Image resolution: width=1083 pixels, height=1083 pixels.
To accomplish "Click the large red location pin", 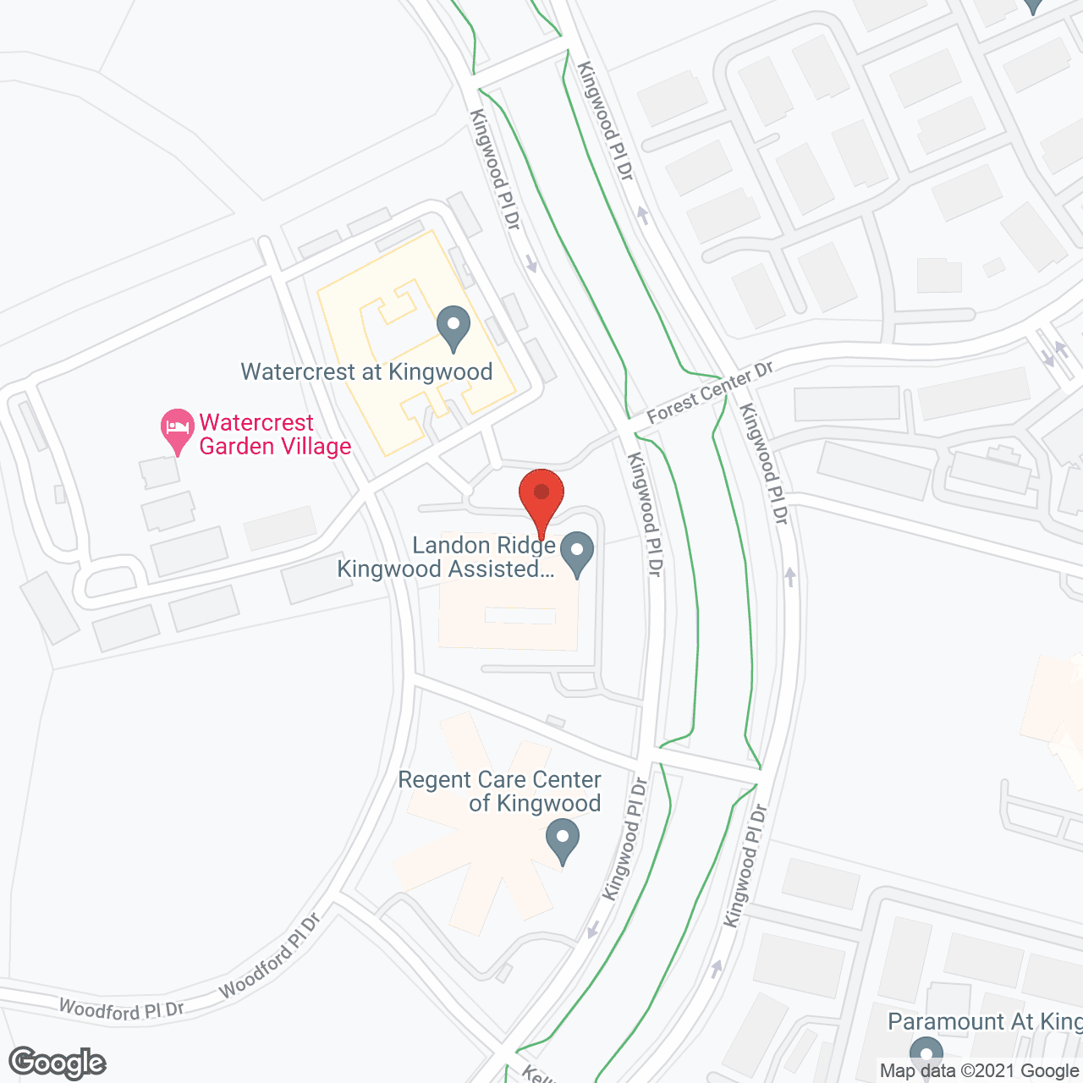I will (541, 496).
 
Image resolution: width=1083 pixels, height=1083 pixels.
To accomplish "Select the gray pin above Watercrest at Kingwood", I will (454, 328).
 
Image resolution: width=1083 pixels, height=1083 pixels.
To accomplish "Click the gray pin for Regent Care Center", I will (563, 843).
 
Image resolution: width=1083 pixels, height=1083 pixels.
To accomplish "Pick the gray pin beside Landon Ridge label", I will (577, 553).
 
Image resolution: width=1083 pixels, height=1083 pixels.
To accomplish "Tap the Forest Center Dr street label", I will (710, 393).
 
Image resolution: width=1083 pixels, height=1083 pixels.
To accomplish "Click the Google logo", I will (58, 1063).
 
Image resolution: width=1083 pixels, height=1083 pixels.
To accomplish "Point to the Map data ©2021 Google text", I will (979, 1071).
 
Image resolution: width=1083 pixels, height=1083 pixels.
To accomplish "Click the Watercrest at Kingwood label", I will (366, 372).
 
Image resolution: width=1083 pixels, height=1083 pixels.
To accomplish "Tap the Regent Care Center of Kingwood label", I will (500, 791).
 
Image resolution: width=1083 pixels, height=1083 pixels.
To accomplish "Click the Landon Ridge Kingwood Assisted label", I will (446, 558).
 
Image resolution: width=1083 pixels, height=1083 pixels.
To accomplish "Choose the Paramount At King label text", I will (984, 1022).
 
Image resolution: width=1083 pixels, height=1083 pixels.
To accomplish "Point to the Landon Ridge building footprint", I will (508, 622).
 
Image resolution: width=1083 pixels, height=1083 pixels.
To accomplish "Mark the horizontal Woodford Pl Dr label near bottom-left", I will (121, 1009).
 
